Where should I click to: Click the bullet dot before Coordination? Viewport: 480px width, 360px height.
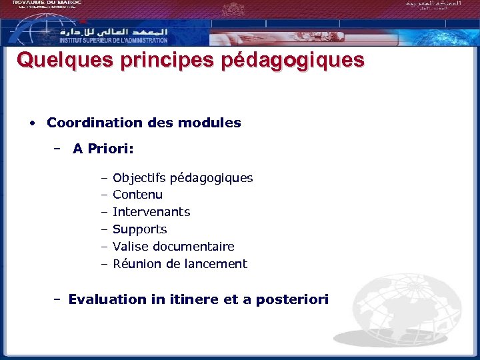click(x=32, y=123)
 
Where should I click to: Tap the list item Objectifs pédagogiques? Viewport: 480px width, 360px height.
click(x=183, y=178)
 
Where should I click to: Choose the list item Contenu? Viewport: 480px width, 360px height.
click(x=137, y=195)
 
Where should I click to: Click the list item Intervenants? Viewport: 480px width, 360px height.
click(x=151, y=212)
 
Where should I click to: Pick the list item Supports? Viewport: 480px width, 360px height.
click(x=139, y=229)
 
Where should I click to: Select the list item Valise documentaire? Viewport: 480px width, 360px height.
click(x=173, y=247)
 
